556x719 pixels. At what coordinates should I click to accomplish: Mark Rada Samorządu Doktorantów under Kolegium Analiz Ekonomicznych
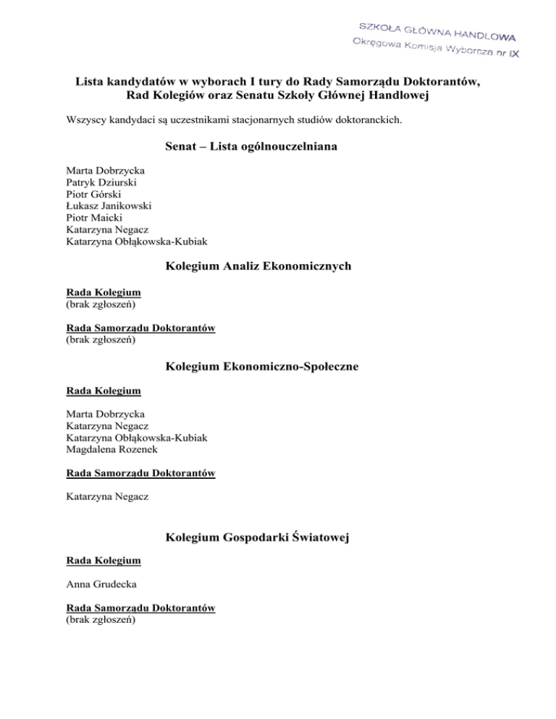click(x=140, y=327)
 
